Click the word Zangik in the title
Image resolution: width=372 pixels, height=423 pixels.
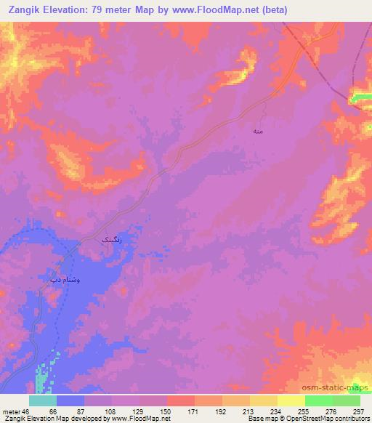point(27,9)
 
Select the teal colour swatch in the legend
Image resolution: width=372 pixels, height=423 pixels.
point(43,400)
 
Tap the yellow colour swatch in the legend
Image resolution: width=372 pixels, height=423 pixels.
point(291,400)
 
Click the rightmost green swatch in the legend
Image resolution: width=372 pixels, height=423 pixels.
point(346,400)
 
